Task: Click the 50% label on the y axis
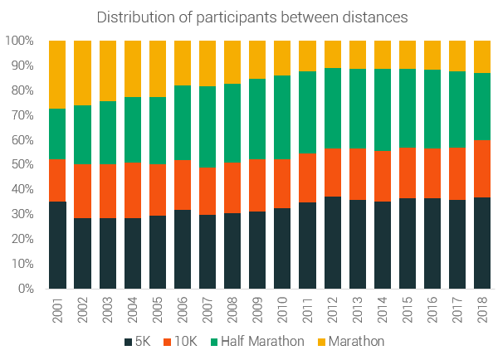coord(21,165)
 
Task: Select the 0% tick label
coord(24,289)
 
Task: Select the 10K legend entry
coord(188,341)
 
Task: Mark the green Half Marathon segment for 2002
coord(82,134)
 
